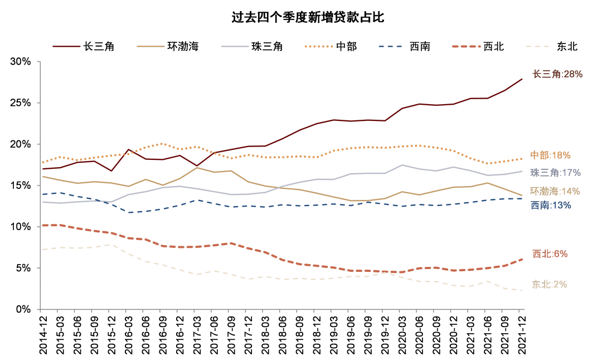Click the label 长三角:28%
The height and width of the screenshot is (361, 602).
557,74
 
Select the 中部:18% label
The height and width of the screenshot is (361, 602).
550,155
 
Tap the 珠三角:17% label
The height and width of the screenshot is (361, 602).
555,173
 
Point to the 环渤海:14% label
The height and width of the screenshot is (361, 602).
555,192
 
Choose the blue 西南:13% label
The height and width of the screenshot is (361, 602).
550,206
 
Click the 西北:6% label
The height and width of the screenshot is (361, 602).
550,254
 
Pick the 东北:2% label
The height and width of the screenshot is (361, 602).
549,285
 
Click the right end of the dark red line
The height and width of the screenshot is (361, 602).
522,79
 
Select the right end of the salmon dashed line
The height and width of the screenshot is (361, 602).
522,259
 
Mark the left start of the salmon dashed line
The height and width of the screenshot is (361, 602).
43,225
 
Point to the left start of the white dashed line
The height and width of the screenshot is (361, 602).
43,250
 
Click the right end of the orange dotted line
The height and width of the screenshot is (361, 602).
522,159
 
